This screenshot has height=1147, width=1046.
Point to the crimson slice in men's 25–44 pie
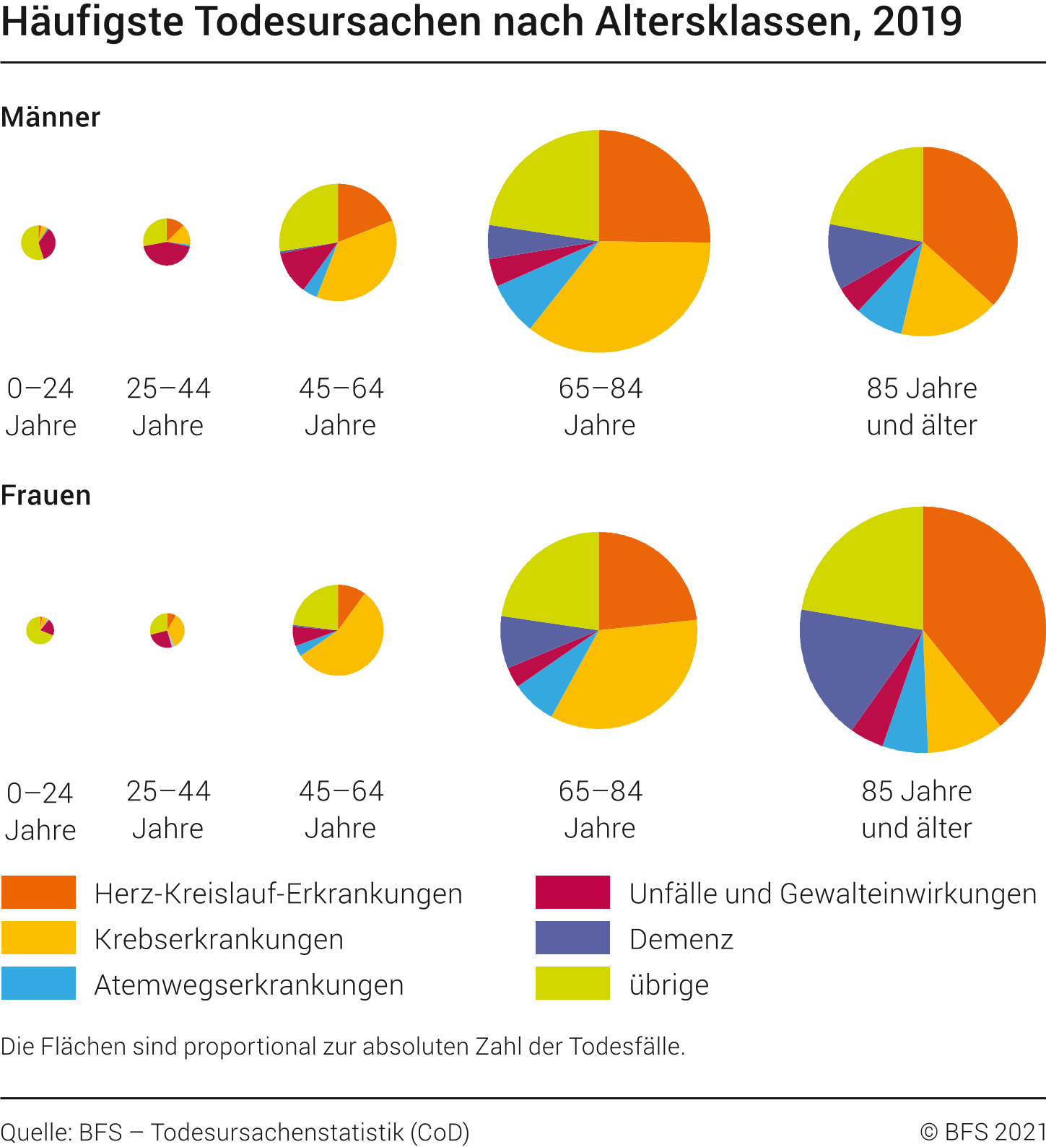coord(165,253)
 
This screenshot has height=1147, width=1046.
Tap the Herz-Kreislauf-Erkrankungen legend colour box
coord(38,892)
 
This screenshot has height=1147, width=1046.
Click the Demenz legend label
coord(681,939)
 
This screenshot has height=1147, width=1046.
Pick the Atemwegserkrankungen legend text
coord(248,985)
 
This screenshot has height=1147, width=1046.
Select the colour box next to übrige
coord(572,983)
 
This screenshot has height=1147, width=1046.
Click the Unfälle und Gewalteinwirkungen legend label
coord(832,894)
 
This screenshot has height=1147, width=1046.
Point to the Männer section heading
coord(51,117)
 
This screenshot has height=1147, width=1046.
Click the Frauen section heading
coord(45,495)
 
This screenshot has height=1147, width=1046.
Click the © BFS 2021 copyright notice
coord(982,1132)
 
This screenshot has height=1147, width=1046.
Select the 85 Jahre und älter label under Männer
coord(922,406)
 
